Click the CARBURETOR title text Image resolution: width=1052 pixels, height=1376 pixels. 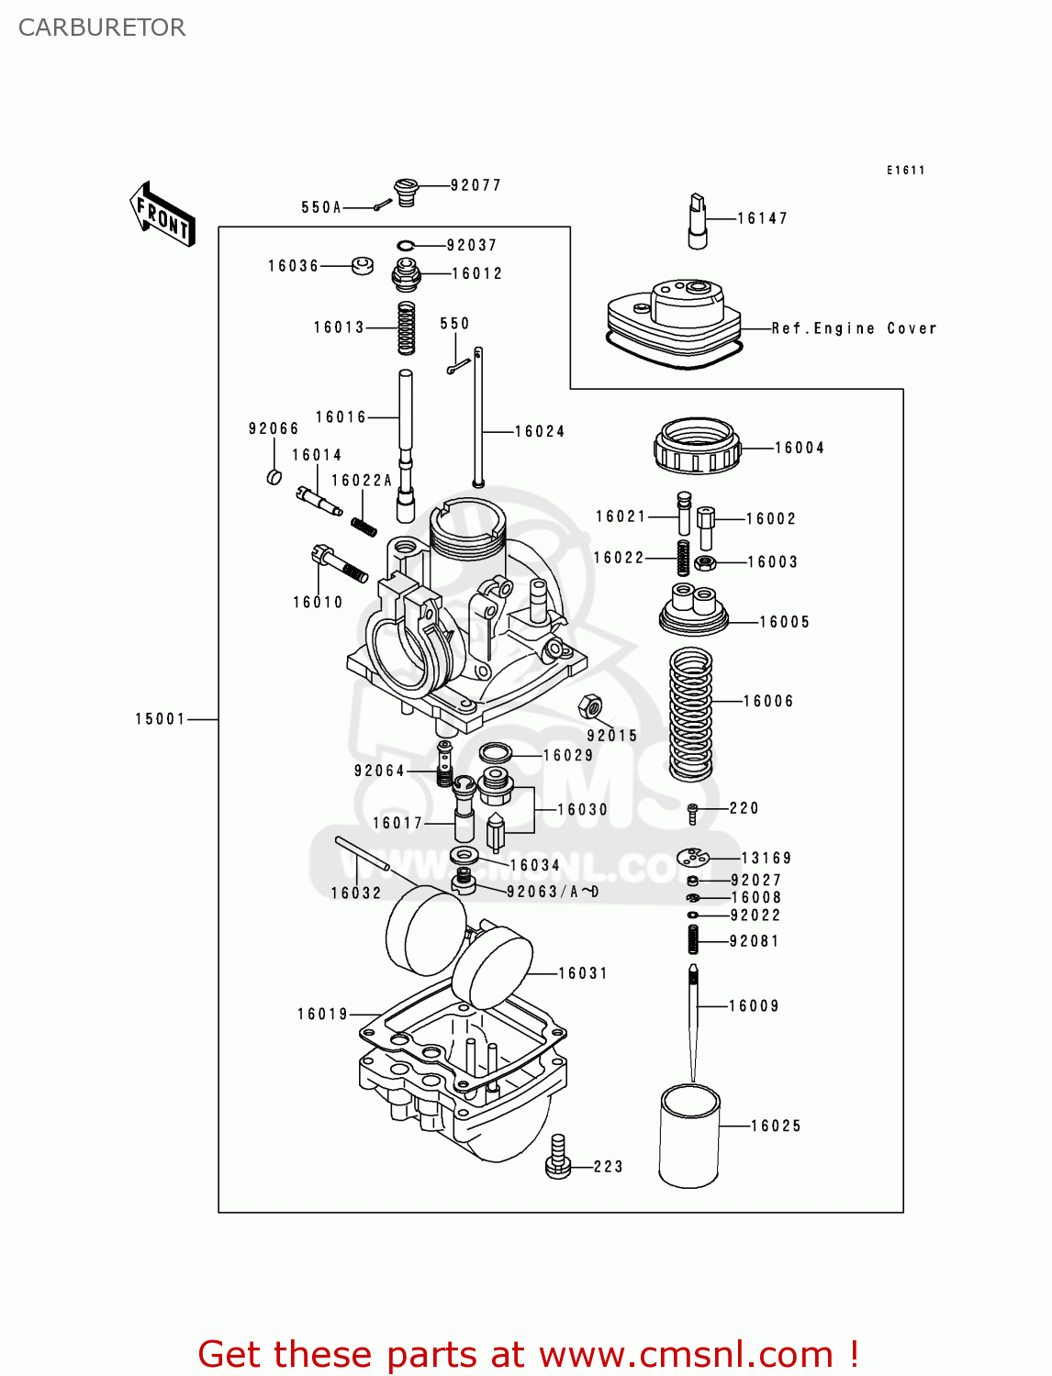coord(102,28)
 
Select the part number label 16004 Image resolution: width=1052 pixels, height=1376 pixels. coord(799,448)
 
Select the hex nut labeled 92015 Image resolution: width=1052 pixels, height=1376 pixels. coord(590,706)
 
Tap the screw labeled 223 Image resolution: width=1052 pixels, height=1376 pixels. coord(558,1156)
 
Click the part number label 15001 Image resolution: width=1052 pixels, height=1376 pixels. coord(160,719)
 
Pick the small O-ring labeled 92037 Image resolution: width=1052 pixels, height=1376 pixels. coord(407,245)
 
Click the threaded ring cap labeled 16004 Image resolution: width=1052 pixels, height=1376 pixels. coord(697,446)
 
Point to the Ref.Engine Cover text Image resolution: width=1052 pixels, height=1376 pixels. coord(854,328)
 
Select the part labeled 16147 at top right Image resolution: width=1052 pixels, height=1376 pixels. coord(698,221)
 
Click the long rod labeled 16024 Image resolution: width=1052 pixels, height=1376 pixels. coord(478,417)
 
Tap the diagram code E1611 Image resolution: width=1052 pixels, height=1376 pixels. coord(905,170)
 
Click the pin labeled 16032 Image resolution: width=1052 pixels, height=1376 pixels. coord(363,853)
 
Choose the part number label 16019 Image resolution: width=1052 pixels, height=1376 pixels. coord(322,1014)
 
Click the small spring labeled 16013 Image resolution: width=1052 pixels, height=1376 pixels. coord(406,328)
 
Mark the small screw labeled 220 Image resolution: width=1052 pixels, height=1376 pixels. coord(693,811)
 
